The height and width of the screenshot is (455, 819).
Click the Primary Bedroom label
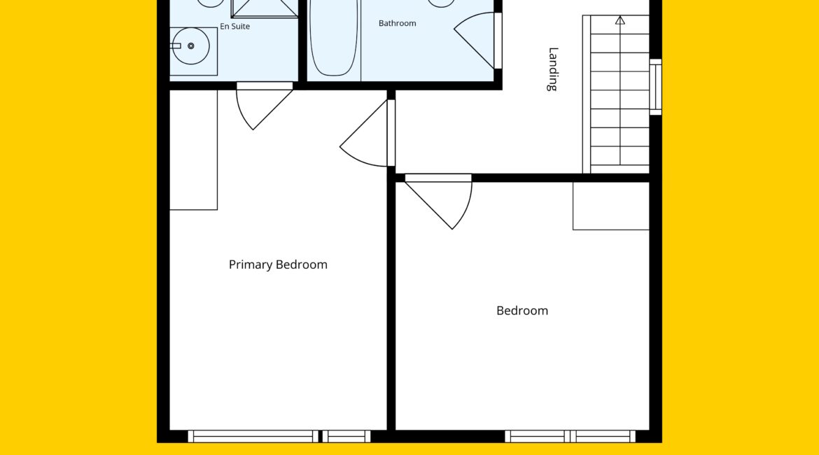(x=278, y=265)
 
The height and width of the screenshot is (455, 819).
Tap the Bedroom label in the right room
(x=521, y=311)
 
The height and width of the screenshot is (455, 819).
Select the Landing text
(x=553, y=69)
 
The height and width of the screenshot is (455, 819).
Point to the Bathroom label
(x=397, y=24)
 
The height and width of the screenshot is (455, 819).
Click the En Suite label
(x=234, y=26)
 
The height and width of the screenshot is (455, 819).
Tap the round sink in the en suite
(x=190, y=46)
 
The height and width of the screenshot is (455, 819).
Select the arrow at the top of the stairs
(x=620, y=20)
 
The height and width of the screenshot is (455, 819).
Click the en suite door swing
(x=264, y=107)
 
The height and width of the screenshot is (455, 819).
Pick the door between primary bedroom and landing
(x=365, y=134)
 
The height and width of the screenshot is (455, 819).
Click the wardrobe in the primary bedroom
(x=193, y=150)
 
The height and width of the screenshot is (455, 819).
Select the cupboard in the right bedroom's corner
(x=611, y=206)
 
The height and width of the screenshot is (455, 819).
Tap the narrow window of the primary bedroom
(x=346, y=436)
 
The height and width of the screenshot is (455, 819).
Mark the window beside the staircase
(x=655, y=87)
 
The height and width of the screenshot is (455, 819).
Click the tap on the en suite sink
(x=176, y=46)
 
